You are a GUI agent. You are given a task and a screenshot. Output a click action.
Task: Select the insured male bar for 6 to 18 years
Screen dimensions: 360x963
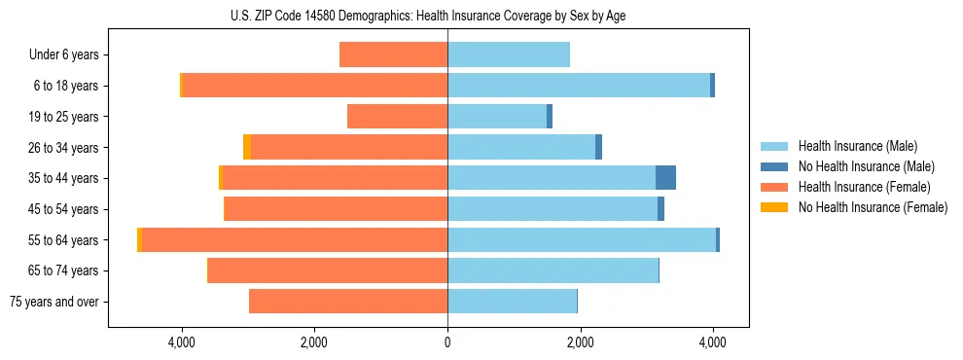pyautogui.click(x=579, y=86)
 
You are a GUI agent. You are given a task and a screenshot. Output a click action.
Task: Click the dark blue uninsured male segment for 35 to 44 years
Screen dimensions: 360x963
pyautogui.click(x=665, y=178)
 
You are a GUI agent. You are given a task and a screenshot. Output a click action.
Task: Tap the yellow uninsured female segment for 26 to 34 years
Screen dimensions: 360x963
pyautogui.click(x=247, y=148)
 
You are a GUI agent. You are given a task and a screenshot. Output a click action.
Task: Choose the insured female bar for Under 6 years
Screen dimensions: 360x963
pyautogui.click(x=393, y=55)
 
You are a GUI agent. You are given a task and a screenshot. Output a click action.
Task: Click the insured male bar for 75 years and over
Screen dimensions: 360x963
pyautogui.click(x=512, y=302)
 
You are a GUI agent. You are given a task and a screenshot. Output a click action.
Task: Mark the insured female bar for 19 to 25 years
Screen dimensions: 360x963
pyautogui.click(x=397, y=117)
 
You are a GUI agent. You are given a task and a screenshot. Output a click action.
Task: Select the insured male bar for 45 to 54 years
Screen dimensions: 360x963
pyautogui.click(x=553, y=209)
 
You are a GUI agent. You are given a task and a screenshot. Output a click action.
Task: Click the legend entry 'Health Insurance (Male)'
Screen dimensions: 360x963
pyautogui.click(x=857, y=146)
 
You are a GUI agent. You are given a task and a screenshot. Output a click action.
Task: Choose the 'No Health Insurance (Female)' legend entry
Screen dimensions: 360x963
pyautogui.click(x=873, y=207)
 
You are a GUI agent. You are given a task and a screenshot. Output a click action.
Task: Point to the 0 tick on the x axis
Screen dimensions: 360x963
pyautogui.click(x=447, y=342)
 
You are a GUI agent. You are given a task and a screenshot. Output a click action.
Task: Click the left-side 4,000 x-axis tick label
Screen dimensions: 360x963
pyautogui.click(x=182, y=342)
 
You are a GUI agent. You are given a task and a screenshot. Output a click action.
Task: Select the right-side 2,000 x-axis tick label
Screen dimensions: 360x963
pyautogui.click(x=580, y=342)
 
